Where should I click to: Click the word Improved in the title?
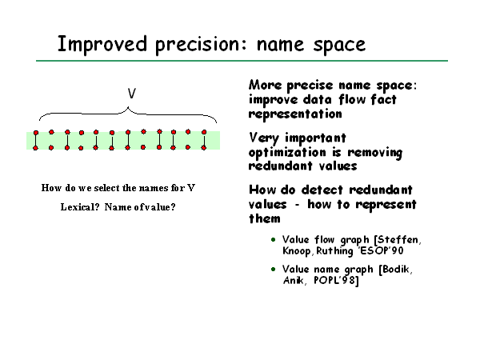(102, 45)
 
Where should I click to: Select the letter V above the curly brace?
(132, 93)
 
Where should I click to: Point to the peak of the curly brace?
(128, 107)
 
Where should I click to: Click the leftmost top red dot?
(36, 133)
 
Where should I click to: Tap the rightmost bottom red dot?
(204, 148)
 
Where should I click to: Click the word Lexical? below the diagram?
(80, 207)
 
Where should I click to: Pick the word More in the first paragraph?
(265, 85)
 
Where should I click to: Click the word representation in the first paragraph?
(295, 114)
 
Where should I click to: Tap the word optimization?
(287, 153)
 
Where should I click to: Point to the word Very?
(263, 138)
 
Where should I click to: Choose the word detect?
(322, 190)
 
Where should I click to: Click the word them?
(265, 218)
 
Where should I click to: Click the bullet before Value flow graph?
(274, 240)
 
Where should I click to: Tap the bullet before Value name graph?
(274, 270)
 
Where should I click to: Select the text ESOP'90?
(381, 250)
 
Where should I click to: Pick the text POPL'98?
(336, 281)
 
